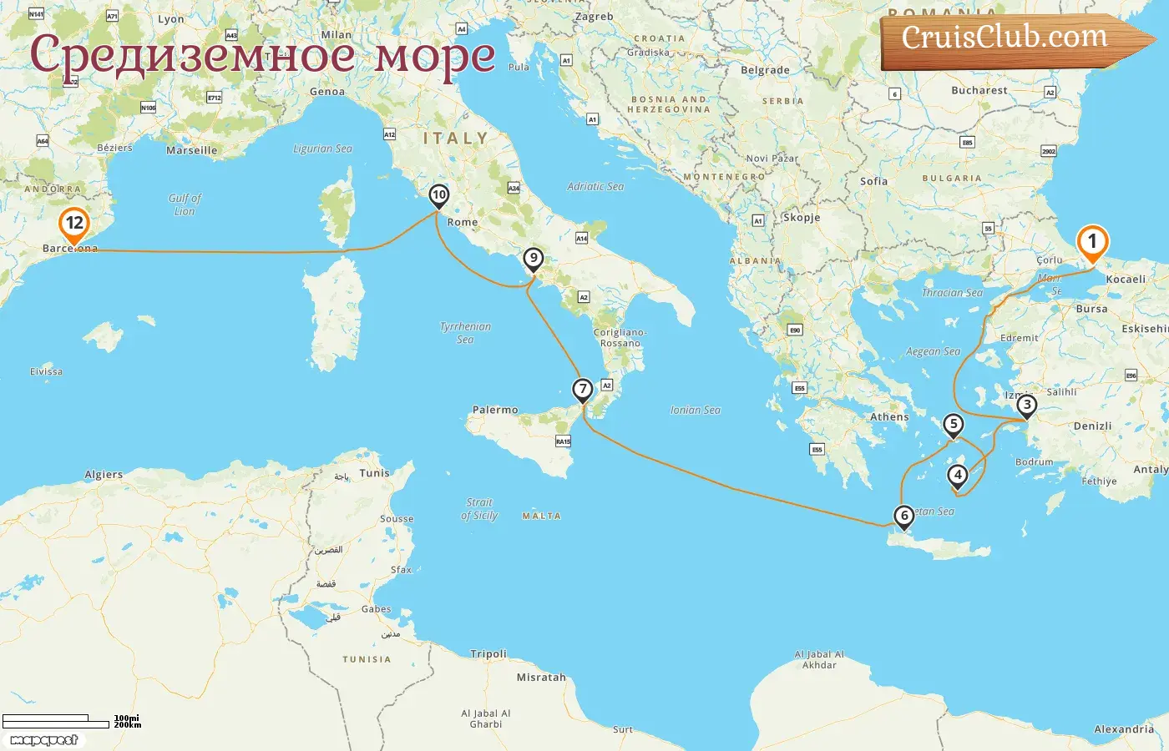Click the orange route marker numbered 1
tap(1091, 242)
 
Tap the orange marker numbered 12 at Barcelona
tap(74, 224)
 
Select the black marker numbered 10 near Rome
tap(438, 195)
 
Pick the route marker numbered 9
tap(533, 259)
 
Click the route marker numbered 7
tap(582, 390)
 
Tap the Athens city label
tap(889, 417)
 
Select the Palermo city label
tap(495, 410)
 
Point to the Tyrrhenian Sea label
tap(465, 333)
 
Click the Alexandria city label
tap(1124, 729)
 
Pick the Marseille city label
tap(191, 151)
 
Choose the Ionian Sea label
tap(695, 411)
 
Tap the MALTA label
tap(541, 517)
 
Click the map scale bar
tap(57, 722)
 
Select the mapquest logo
tap(43, 740)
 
